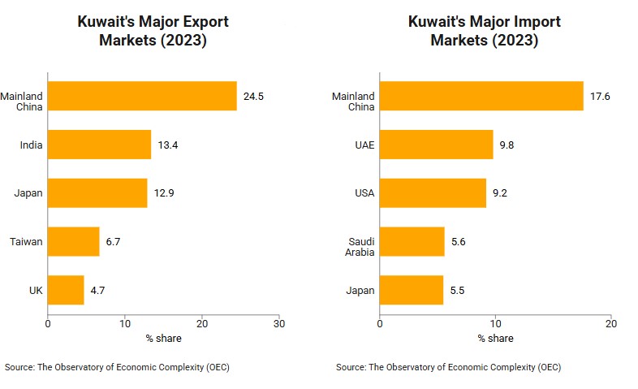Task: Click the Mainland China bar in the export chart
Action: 142,96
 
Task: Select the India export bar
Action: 99,145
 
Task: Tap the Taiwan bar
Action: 73,241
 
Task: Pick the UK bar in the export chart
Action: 66,290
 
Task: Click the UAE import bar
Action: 436,145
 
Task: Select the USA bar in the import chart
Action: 433,193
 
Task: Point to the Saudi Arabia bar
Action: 412,241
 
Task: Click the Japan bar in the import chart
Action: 412,290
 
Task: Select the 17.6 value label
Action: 600,96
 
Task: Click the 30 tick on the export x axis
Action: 278,322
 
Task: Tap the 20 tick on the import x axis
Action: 611,322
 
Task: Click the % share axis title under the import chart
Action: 495,338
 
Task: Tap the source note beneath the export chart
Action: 117,368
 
